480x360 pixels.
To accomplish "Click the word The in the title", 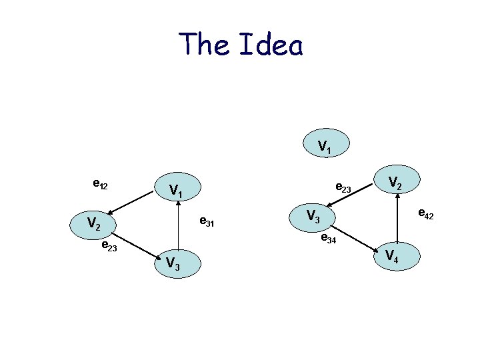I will (x=203, y=45).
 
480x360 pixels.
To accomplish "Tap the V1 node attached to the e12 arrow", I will (x=177, y=191).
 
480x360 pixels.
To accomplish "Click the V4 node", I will (x=396, y=256).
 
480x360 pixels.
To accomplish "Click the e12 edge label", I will (x=101, y=183).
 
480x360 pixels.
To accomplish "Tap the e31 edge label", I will (x=207, y=222).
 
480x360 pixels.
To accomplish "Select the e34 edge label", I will (x=329, y=238).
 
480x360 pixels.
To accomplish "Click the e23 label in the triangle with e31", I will (x=109, y=247).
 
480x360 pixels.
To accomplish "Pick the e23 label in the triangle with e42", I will (x=343, y=188).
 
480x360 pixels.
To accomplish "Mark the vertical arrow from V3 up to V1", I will (x=178, y=227).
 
